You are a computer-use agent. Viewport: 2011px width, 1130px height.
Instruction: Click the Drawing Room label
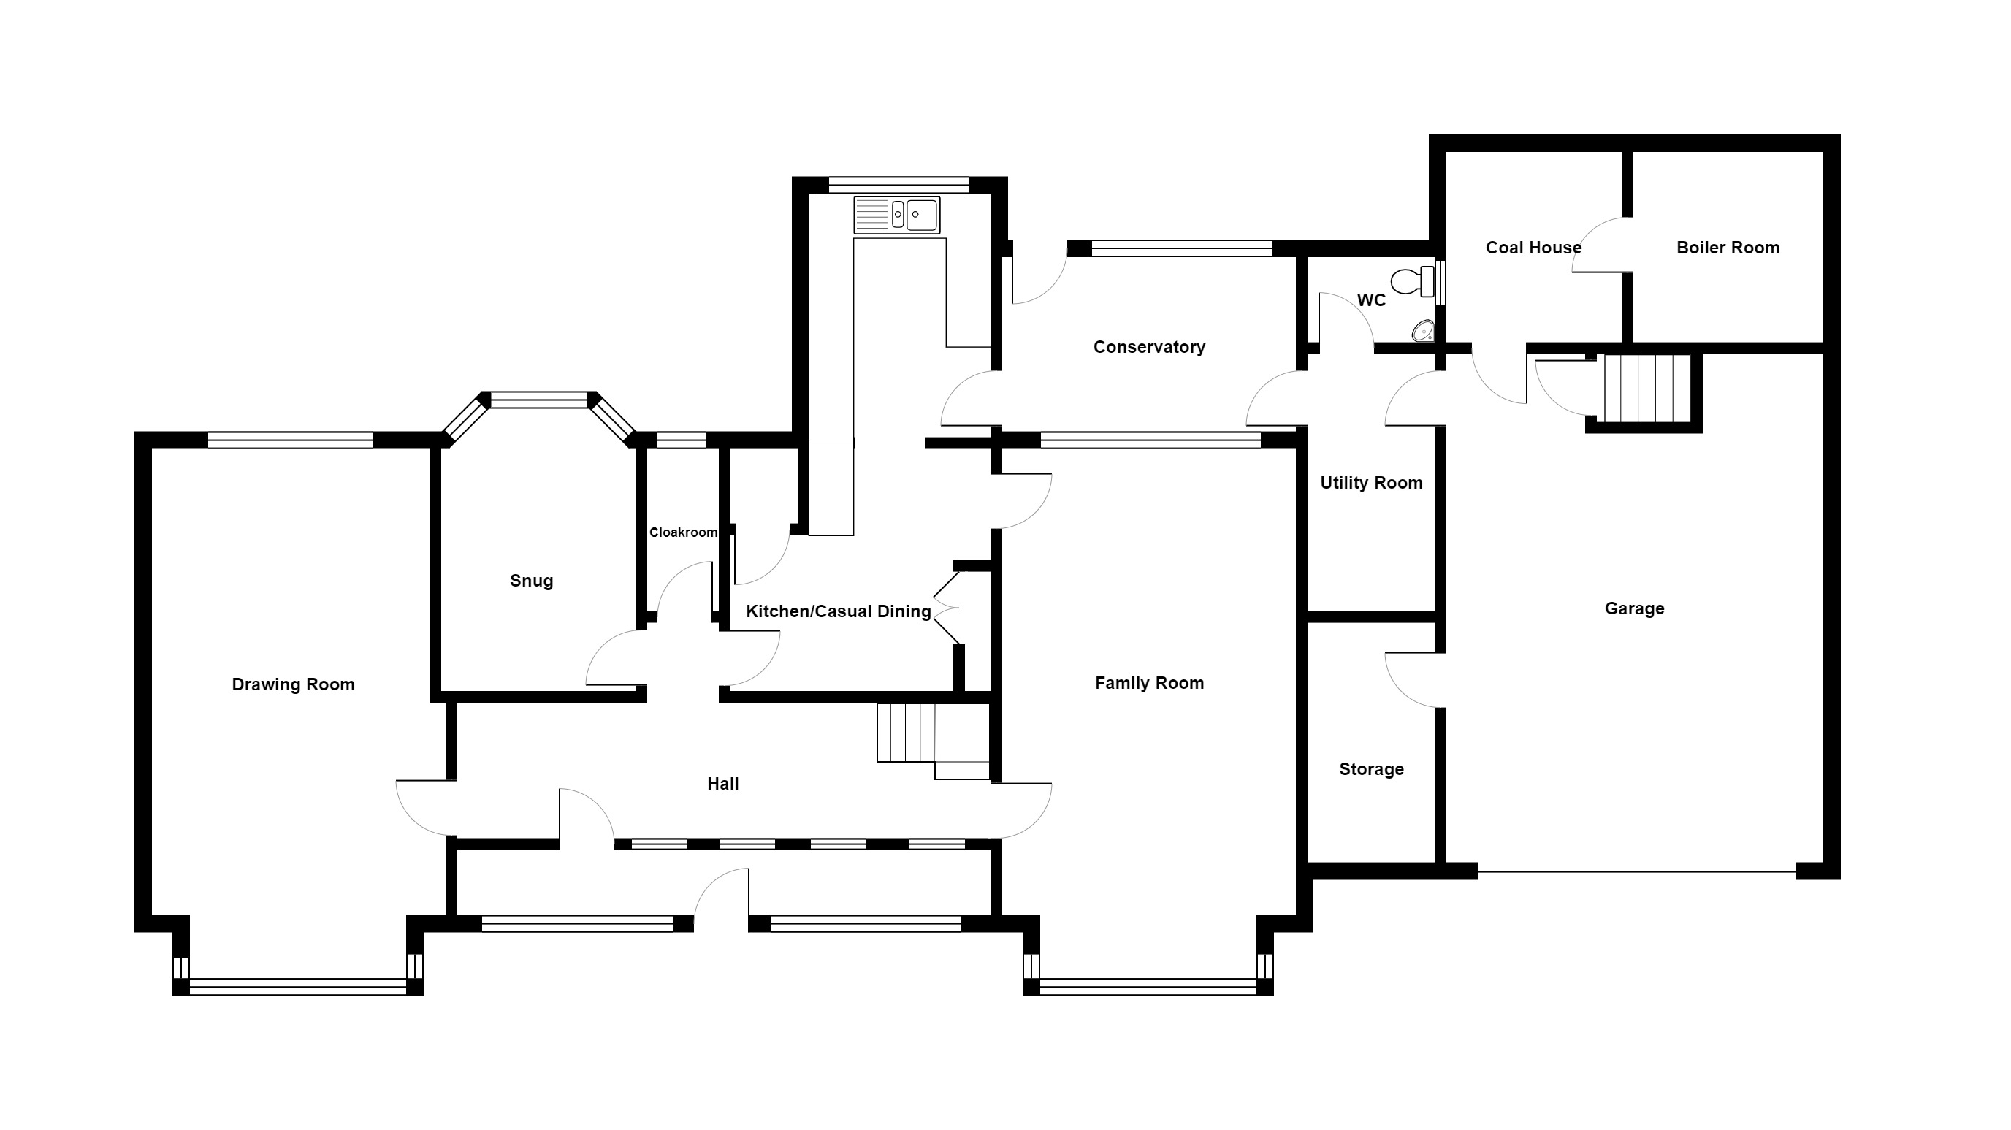(x=294, y=684)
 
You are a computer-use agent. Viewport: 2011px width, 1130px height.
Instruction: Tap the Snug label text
(x=532, y=581)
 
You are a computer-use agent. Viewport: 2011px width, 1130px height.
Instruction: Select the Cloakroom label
(x=683, y=532)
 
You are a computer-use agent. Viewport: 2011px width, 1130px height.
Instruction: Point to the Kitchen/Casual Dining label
(x=839, y=612)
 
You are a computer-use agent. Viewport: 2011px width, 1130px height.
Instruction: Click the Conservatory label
(x=1149, y=347)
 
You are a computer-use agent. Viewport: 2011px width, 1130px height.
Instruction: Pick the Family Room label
(x=1149, y=684)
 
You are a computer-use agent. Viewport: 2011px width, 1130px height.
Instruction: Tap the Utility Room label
(x=1372, y=483)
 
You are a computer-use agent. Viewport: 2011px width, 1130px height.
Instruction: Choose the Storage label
(x=1372, y=769)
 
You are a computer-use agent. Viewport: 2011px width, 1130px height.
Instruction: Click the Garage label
(x=1635, y=608)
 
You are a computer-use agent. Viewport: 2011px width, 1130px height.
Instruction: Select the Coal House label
(x=1533, y=248)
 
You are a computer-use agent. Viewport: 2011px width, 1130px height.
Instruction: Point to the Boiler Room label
(x=1728, y=248)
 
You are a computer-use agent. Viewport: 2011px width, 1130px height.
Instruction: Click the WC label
(x=1372, y=299)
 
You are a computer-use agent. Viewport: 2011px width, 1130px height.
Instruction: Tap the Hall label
(x=723, y=784)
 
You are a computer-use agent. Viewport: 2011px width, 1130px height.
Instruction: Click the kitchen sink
(x=896, y=215)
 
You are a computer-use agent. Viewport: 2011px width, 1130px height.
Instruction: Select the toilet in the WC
(x=1413, y=282)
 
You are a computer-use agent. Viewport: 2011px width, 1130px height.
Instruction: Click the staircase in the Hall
(x=933, y=741)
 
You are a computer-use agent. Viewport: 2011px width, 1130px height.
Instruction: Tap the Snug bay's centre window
(x=538, y=400)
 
